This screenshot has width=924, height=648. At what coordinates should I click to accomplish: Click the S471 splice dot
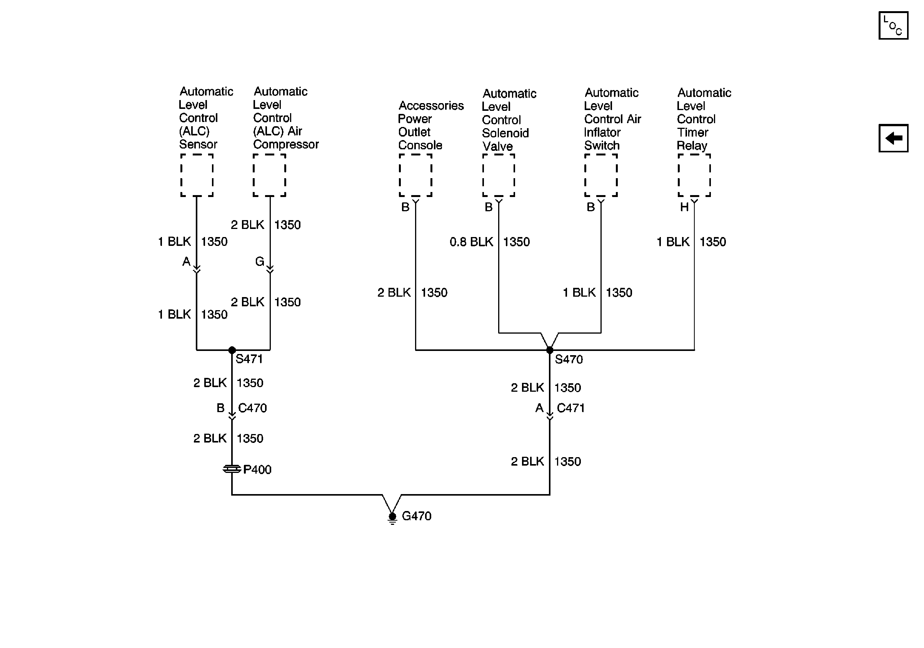point(232,350)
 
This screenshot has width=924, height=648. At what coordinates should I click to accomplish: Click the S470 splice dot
point(549,350)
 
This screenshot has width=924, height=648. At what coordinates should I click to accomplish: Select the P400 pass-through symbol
point(232,469)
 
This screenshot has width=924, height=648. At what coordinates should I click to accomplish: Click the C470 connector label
point(252,408)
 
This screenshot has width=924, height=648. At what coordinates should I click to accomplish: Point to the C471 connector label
point(570,408)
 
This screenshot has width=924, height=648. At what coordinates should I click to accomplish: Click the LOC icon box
point(893,26)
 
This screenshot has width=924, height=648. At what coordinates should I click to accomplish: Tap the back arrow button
point(893,138)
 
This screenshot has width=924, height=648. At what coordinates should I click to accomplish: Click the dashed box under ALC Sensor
point(197,175)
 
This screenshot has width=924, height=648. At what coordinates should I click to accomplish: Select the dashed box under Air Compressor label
point(270,175)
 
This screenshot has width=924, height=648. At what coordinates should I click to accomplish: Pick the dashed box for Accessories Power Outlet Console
point(415,175)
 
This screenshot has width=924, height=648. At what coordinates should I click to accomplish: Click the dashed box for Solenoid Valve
point(499,175)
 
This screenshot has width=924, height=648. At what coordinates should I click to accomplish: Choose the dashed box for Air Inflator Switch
point(601,175)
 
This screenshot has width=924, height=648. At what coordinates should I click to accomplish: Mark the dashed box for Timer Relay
point(694,175)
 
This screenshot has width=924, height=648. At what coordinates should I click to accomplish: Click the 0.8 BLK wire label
point(471,242)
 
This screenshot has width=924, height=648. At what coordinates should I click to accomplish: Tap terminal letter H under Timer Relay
point(684,207)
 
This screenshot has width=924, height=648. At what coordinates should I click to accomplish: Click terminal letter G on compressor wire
point(260,262)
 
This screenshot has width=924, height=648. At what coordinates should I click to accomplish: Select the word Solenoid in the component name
point(505,133)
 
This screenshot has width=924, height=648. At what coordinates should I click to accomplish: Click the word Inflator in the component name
point(602,132)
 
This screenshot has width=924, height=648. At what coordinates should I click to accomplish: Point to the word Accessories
point(431,106)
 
